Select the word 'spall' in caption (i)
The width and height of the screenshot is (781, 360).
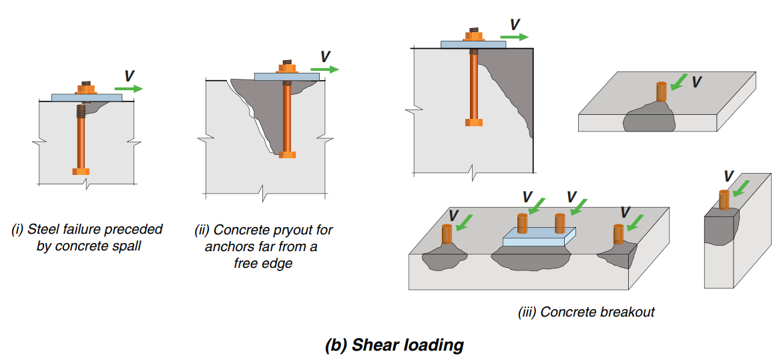pyautogui.click(x=126, y=246)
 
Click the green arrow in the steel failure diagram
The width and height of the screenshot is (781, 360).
pyautogui.click(x=128, y=88)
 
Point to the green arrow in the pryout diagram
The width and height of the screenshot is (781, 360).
pyautogui.click(x=324, y=69)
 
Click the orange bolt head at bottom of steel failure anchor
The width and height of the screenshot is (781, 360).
pyautogui.click(x=81, y=171)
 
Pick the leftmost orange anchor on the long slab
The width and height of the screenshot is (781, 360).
pyautogui.click(x=447, y=234)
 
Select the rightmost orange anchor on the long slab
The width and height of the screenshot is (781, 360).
pyautogui.click(x=619, y=234)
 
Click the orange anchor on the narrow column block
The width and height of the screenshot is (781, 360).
pyautogui.click(x=724, y=200)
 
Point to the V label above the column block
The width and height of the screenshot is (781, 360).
pyautogui.click(x=729, y=176)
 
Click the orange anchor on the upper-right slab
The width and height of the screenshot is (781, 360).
pyautogui.click(x=661, y=92)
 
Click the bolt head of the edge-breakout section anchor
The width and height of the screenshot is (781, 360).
pyautogui.click(x=473, y=122)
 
